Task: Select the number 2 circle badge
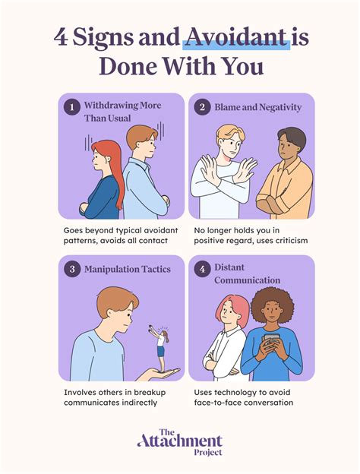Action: [201, 107]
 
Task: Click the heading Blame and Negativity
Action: [258, 107]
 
